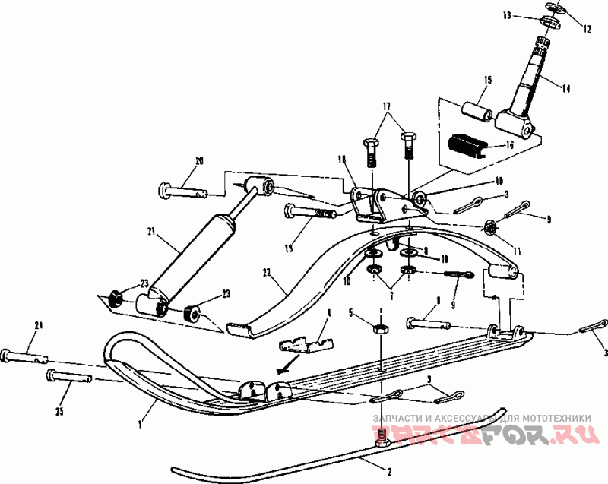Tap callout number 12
tap(586, 30)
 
